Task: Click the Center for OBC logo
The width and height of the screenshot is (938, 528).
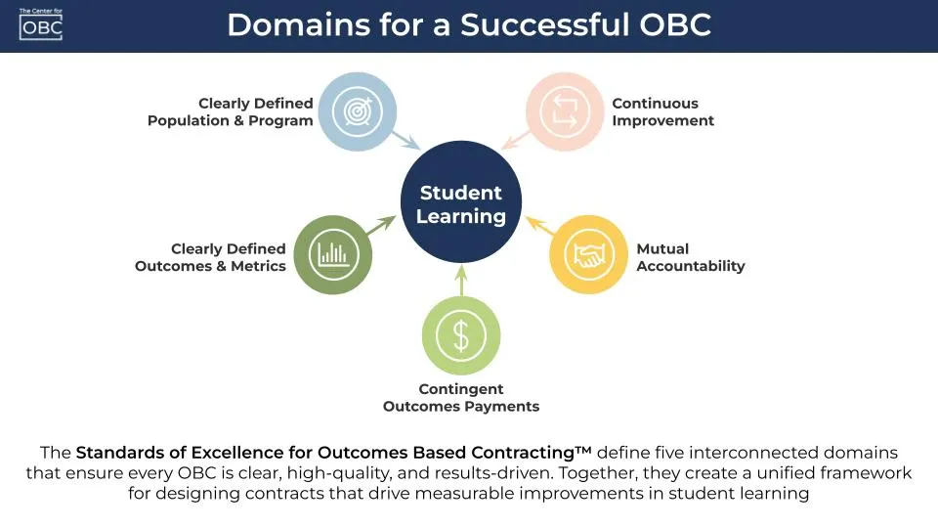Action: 40,23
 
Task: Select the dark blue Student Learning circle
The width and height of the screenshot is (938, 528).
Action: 460,204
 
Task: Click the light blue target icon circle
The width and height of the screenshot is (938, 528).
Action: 358,111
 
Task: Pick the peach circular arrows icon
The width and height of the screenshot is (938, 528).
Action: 565,111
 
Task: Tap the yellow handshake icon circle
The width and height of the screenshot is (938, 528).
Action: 588,256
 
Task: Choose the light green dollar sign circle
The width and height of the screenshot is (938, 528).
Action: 461,335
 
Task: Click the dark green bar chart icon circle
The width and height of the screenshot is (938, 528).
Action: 333,256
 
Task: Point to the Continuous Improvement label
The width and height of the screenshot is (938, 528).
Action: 662,111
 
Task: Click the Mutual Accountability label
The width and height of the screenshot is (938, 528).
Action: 690,257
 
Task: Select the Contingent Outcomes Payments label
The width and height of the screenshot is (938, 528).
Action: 460,398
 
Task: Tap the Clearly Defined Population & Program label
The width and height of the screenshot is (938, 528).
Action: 231,111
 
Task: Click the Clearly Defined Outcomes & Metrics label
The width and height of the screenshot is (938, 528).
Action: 211,257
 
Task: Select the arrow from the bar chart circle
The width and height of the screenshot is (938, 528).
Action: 383,227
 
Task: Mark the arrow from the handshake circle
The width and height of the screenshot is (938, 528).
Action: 538,228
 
